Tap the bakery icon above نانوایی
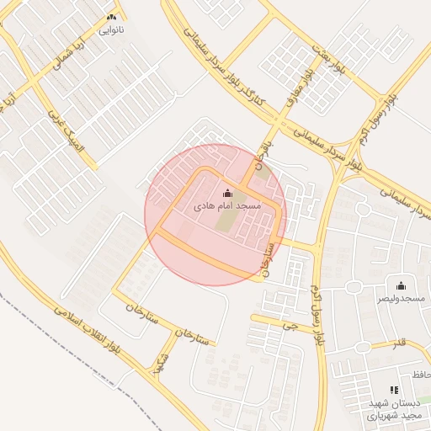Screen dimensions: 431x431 [x=111, y=17]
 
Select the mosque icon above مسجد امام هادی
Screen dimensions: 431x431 [x=227, y=193]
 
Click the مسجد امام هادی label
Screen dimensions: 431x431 [x=227, y=205]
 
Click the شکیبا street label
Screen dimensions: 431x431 [x=156, y=361]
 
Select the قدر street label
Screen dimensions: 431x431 [x=399, y=343]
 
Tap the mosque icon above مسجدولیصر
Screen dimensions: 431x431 [x=400, y=285]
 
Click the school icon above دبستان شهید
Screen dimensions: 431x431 [x=393, y=390]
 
